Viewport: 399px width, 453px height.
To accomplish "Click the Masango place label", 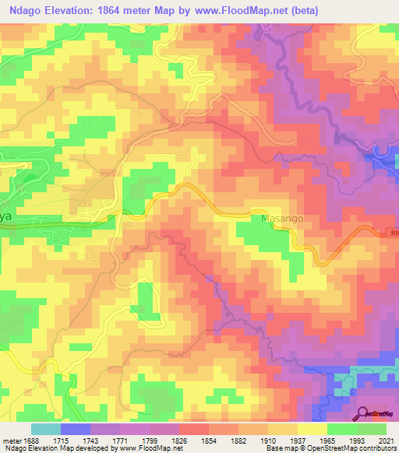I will point(281,220).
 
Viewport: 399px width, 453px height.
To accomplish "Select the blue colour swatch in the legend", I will point(76,429).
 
